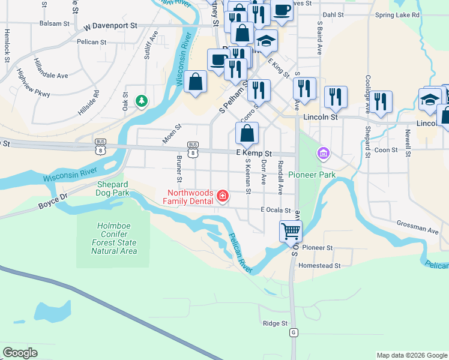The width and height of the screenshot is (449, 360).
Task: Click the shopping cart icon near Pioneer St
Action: click(x=291, y=230)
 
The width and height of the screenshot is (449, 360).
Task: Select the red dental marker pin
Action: click(x=223, y=196)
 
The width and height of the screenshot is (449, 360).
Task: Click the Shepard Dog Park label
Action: click(x=112, y=189)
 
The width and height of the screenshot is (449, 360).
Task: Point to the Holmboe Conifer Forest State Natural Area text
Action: click(x=113, y=238)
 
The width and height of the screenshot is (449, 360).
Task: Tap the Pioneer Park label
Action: click(x=312, y=175)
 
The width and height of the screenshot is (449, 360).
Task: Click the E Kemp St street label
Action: click(x=254, y=154)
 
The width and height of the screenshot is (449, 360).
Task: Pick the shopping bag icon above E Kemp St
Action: click(x=247, y=134)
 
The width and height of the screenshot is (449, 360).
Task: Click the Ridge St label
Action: click(x=276, y=323)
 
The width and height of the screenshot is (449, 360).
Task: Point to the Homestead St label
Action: click(x=319, y=265)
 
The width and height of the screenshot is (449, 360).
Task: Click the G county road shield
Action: click(x=293, y=332)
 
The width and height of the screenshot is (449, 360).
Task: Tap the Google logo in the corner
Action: click(x=20, y=352)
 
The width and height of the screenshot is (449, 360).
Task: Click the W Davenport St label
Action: click(x=111, y=26)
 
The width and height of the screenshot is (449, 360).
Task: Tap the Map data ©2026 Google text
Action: click(x=411, y=355)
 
